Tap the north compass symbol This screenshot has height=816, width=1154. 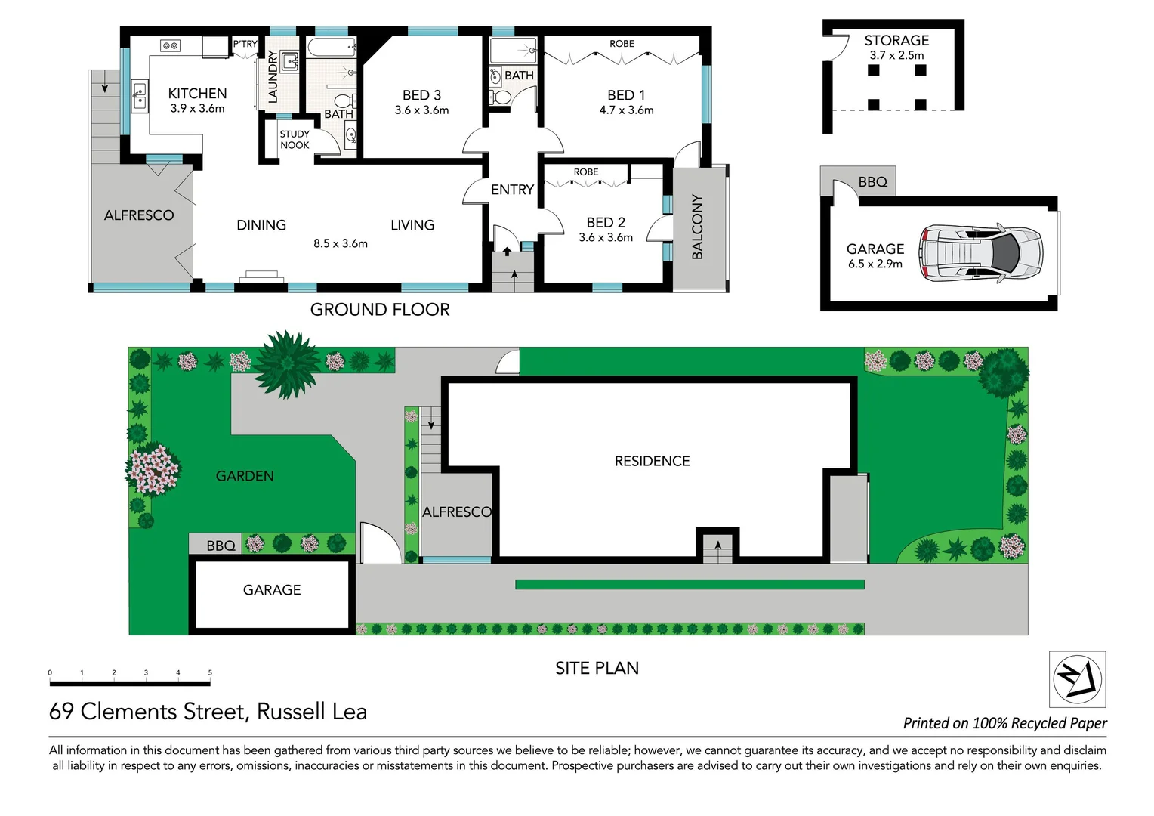click(1078, 678)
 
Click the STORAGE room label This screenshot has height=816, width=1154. click(896, 41)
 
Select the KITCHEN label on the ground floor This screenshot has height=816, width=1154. click(197, 94)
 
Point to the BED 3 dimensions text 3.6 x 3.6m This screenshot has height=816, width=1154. click(421, 110)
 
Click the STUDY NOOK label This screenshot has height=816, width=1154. click(295, 140)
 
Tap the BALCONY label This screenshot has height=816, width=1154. click(697, 227)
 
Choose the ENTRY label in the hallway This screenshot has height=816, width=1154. click(512, 190)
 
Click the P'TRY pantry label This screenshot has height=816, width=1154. click(245, 45)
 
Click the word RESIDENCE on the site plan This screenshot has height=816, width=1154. click(652, 462)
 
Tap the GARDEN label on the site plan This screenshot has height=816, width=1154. click(245, 476)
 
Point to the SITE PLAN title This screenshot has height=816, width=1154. click(597, 669)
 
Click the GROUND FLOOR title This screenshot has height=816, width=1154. click(380, 310)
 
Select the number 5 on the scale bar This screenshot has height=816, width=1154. click(210, 672)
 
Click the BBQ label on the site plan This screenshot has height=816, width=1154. click(221, 546)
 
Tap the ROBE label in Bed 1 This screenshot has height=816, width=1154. click(622, 44)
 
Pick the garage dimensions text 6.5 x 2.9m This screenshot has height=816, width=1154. click(875, 264)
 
